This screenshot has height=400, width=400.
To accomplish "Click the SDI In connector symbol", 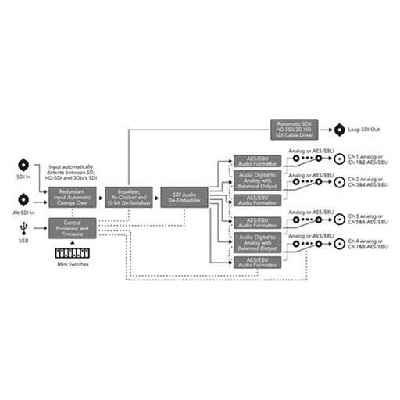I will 23,165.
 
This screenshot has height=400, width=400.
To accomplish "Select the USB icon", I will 23,227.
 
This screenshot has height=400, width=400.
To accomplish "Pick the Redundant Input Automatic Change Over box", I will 72,197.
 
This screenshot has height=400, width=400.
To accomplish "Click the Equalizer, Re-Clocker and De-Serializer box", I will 128,197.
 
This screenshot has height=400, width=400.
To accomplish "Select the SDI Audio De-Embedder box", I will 184,197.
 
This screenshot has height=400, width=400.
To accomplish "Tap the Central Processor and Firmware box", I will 72,229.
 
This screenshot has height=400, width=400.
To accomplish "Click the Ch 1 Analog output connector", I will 339,159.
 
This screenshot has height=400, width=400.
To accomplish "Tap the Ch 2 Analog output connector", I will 339,181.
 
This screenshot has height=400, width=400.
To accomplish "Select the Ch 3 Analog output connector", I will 339,218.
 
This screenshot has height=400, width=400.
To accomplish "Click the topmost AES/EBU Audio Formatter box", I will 257,160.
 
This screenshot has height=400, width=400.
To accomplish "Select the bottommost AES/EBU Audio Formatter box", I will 257,263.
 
